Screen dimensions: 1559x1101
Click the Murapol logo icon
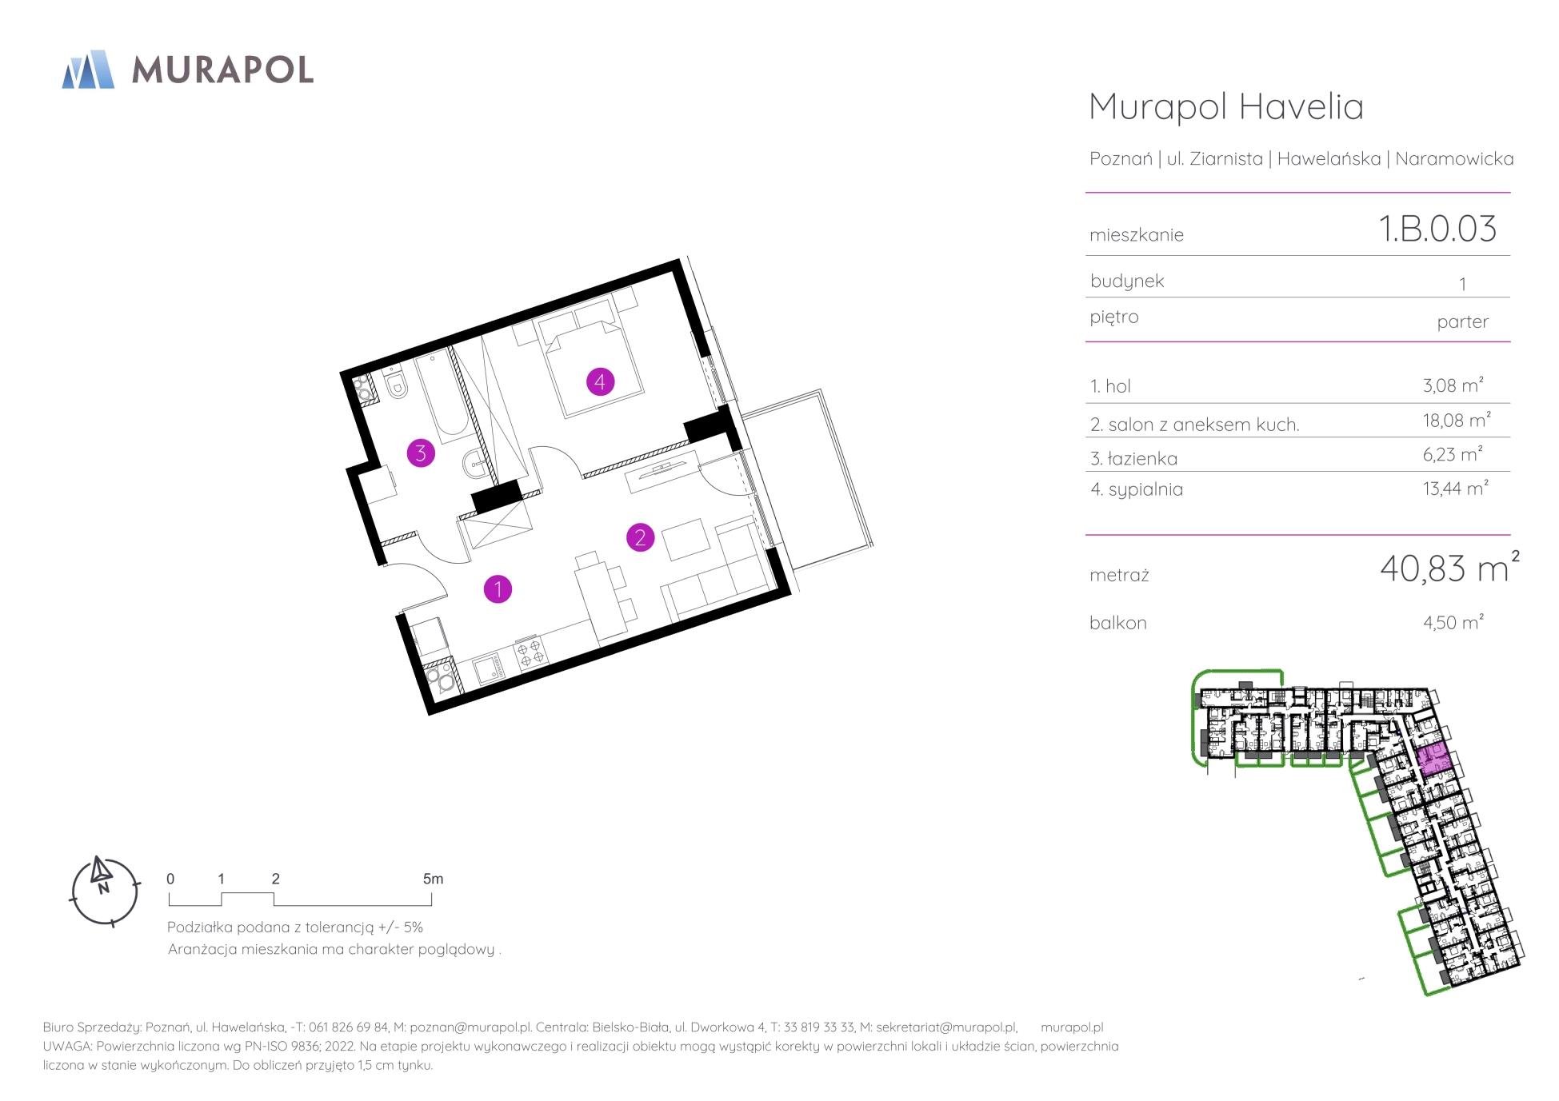click(88, 69)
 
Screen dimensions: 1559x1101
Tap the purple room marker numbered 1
click(498, 589)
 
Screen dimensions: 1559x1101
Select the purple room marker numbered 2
click(640, 537)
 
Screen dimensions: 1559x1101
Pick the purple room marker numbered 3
click(421, 453)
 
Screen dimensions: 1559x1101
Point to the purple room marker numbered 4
click(600, 381)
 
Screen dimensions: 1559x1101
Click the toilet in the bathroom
click(396, 387)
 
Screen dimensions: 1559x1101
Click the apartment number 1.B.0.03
click(1437, 229)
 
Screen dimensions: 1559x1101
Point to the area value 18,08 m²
click(1456, 420)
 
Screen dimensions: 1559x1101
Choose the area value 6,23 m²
click(1453, 453)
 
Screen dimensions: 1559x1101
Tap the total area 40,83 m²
click(1449, 568)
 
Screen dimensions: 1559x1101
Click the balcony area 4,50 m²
click(1453, 621)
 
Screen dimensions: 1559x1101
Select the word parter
click(1462, 321)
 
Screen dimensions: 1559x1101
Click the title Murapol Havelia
click(1226, 106)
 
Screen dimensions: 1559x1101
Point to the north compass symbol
click(104, 891)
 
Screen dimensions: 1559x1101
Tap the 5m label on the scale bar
click(433, 879)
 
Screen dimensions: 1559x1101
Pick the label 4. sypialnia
click(1136, 489)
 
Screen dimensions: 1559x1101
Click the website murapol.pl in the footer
click(1072, 1027)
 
